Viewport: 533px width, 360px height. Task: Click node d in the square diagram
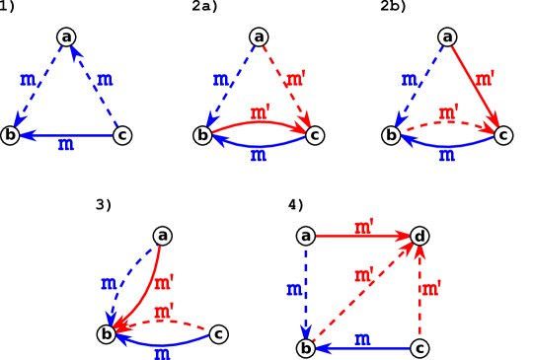[419, 236]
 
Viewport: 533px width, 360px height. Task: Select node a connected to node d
[306, 236]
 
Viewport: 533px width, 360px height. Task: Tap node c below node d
[419, 348]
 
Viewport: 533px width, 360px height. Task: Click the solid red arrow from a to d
[360, 236]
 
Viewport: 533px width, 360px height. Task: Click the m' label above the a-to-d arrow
[364, 227]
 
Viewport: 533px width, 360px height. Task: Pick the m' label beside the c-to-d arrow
[431, 289]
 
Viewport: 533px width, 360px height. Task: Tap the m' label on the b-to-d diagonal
[363, 274]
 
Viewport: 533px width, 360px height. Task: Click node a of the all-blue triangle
[66, 37]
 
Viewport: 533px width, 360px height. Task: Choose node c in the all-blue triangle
[122, 135]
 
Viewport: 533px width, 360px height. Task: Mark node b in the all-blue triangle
[10, 135]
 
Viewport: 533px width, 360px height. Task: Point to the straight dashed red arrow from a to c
[287, 87]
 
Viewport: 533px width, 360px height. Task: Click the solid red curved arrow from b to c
[259, 122]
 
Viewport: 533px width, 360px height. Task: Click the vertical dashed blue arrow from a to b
[306, 291]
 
